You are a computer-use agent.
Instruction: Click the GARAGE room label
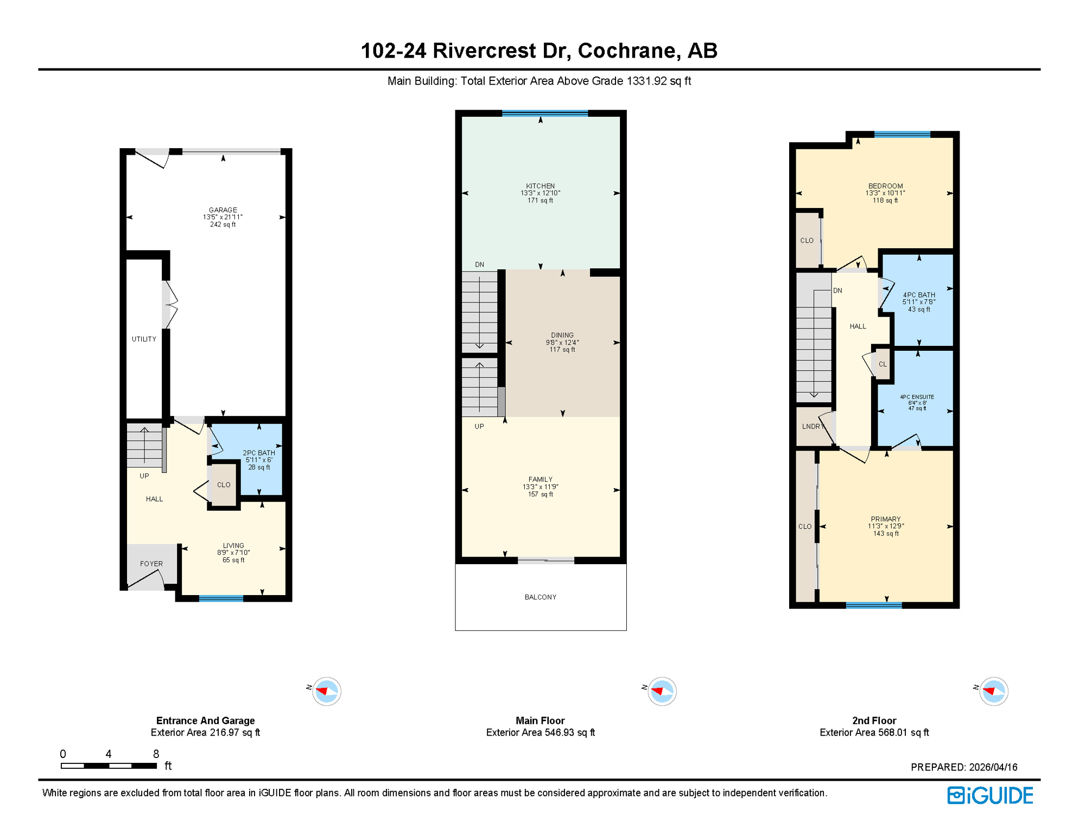tap(223, 210)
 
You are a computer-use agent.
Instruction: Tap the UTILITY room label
tap(144, 339)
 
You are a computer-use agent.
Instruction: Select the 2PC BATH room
tap(259, 459)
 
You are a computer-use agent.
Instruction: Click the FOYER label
tap(151, 564)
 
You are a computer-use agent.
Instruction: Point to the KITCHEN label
tap(540, 186)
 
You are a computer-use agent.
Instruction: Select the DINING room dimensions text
tap(562, 343)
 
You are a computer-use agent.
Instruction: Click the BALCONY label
tap(540, 597)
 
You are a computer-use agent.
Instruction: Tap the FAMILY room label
tap(540, 479)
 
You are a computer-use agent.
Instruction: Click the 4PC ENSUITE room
tap(917, 402)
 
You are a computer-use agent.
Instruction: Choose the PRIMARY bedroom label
tap(885, 519)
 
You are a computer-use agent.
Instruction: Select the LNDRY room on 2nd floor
tap(812, 426)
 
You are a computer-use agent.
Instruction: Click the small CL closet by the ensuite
tap(883, 364)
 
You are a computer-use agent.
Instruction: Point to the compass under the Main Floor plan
tap(662, 691)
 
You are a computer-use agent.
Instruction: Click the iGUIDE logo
tap(990, 795)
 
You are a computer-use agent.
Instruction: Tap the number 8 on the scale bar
tap(156, 754)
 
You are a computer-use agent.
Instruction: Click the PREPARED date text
tap(963, 767)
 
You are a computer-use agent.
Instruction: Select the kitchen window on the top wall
tap(544, 113)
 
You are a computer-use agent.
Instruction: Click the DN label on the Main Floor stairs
tap(479, 265)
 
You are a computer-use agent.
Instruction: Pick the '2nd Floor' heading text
tap(873, 721)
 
